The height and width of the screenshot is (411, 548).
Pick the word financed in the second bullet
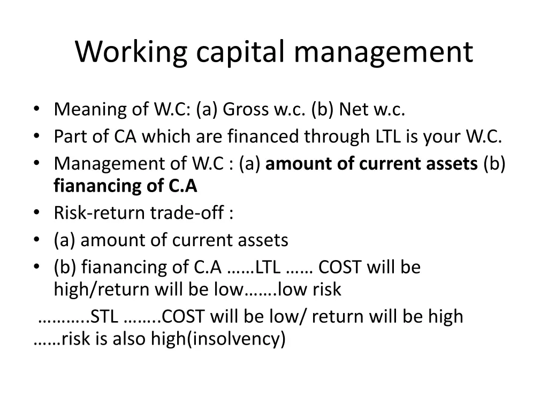click(x=264, y=136)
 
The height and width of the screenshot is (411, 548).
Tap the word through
click(x=336, y=136)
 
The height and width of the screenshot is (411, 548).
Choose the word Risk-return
click(x=100, y=214)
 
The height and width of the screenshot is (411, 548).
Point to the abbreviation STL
click(x=104, y=317)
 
